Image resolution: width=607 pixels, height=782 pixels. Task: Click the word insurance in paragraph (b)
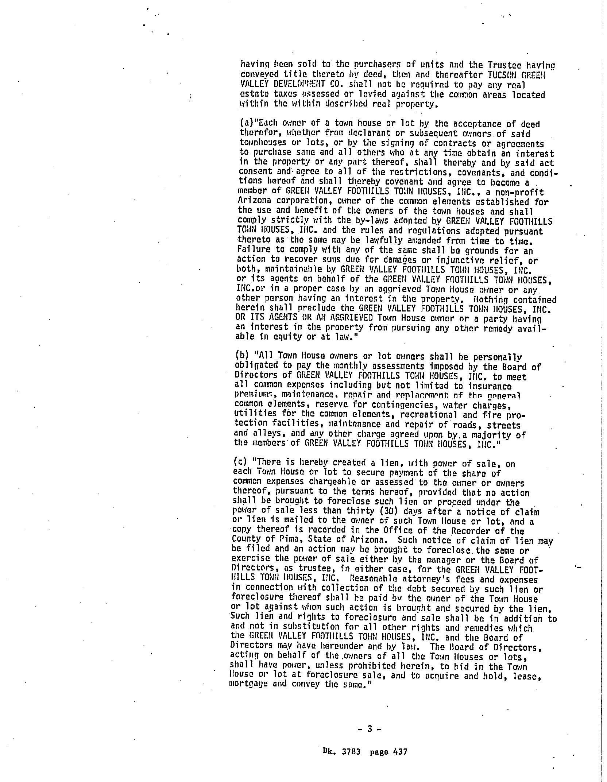(x=490, y=386)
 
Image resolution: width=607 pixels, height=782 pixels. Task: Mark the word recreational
(x=429, y=415)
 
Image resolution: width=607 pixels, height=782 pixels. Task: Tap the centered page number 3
(x=369, y=729)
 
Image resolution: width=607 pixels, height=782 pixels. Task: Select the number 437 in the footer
(x=400, y=751)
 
